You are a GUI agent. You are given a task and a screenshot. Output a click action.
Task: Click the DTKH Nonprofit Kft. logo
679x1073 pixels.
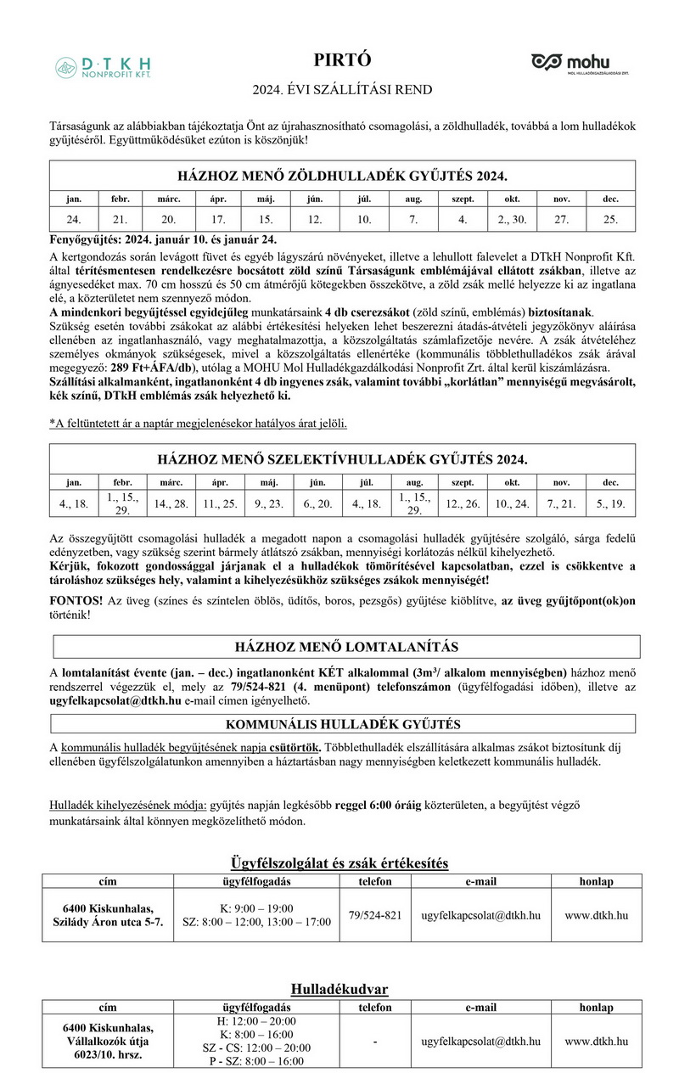click(x=103, y=67)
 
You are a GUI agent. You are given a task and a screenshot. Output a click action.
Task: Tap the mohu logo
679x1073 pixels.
click(x=580, y=64)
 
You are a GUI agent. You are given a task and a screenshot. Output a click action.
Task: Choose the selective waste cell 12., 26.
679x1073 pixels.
click(x=463, y=503)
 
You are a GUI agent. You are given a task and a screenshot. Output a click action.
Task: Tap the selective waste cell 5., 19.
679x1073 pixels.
click(x=610, y=503)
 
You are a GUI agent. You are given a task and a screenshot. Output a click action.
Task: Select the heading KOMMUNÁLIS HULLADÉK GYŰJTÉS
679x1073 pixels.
click(x=343, y=724)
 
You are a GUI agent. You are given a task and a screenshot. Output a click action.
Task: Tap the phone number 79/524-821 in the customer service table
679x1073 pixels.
click(x=374, y=916)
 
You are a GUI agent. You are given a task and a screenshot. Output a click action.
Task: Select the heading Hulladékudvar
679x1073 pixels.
click(x=339, y=989)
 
